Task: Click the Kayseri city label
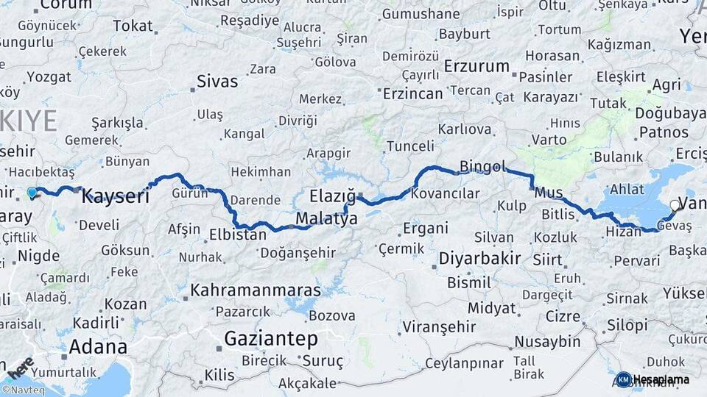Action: [115, 196]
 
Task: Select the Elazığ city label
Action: [332, 196]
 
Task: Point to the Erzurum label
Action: [476, 66]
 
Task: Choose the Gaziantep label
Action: [270, 339]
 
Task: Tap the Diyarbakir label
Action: [479, 259]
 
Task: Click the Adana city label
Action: [98, 346]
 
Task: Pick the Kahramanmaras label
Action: [255, 290]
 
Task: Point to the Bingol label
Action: [482, 166]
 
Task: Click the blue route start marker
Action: [32, 193]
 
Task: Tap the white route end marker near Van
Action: [674, 206]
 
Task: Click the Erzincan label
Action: [412, 93]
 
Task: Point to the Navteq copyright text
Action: [23, 390]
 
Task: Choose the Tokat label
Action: [133, 26]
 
